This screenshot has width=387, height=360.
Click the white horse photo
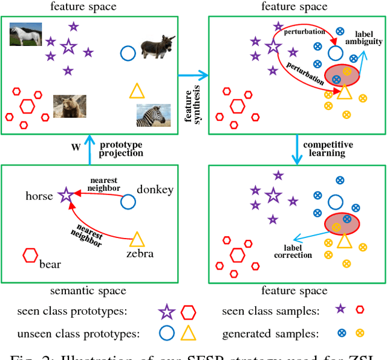click(25, 34)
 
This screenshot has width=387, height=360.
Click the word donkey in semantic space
click(155, 190)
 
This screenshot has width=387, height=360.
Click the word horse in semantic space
click(39, 196)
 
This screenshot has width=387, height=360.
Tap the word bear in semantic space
click(51, 263)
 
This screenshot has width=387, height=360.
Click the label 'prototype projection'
click(122, 149)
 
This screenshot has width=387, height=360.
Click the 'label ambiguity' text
click(363, 37)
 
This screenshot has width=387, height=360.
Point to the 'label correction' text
click(293, 251)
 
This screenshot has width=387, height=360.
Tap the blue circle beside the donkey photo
click(128, 53)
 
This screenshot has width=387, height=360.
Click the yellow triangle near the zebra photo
click(138, 92)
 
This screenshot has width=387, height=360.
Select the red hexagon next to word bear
click(30, 256)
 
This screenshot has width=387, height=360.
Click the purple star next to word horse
click(65, 194)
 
